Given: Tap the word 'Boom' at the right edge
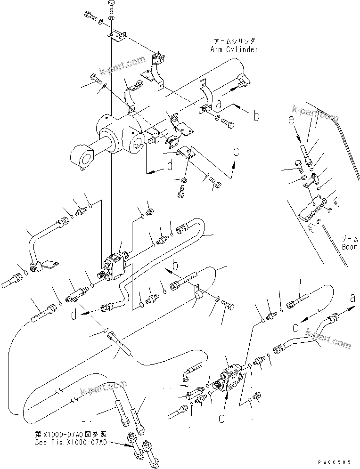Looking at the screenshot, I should tap(350, 246).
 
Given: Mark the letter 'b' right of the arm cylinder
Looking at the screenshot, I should tap(256, 115).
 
